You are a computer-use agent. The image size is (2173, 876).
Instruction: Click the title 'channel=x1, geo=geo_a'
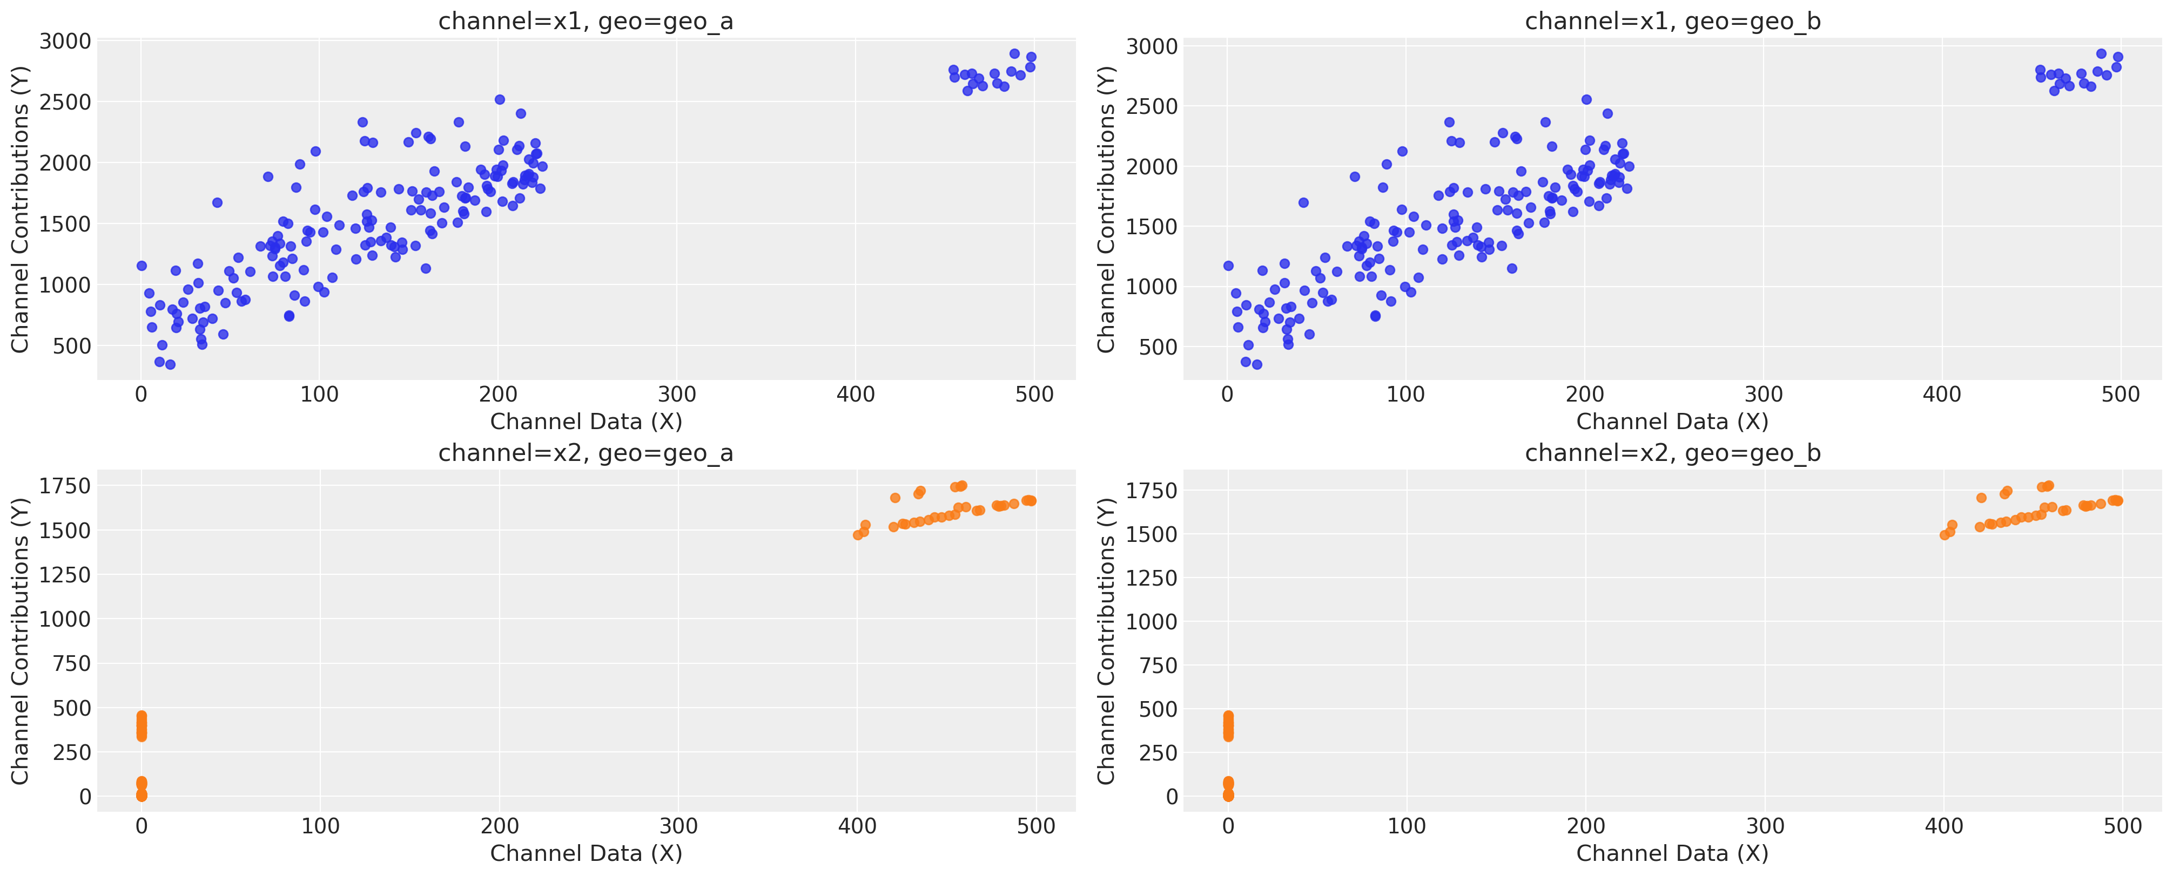586,21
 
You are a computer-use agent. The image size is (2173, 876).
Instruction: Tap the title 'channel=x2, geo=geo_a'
586,453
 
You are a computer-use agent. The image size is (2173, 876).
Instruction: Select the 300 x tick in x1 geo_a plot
677,395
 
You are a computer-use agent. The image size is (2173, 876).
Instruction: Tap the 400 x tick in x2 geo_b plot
1943,826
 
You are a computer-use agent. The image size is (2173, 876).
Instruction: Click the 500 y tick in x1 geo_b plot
1152,348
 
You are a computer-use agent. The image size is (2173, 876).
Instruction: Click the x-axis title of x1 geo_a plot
586,422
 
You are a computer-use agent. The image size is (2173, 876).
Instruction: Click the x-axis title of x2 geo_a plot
586,853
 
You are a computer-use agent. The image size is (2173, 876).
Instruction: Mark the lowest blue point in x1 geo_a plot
170,364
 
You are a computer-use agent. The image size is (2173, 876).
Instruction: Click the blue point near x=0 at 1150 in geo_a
142,266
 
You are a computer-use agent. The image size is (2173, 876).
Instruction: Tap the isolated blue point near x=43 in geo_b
1303,202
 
